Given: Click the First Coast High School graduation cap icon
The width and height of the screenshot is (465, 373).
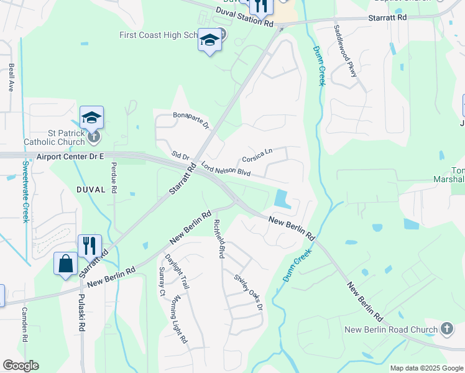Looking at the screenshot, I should click(210, 41).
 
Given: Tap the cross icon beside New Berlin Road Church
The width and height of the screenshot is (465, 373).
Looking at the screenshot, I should click(447, 328).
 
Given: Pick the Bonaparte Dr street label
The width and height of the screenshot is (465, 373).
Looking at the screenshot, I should click(191, 119).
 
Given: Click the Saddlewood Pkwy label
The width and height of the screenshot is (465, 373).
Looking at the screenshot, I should click(346, 51).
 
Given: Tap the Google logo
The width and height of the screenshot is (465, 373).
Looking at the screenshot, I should click(21, 366).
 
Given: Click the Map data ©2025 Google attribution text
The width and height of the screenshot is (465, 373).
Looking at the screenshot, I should click(426, 368).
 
